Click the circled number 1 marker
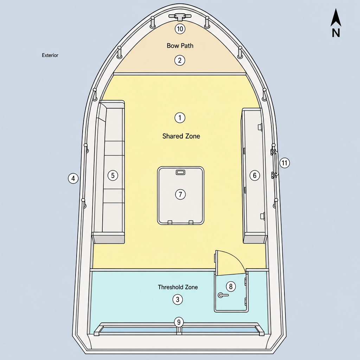(180, 118)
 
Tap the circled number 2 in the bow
(180, 60)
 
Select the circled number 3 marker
(178, 300)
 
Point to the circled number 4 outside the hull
(73, 178)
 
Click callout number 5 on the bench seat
(113, 175)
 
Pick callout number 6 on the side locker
(255, 175)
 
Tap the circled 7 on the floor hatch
(180, 194)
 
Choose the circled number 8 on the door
(231, 286)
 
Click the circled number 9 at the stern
(179, 322)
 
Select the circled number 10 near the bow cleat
(180, 29)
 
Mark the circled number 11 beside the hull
(284, 163)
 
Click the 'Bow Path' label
(180, 46)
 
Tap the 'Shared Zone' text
(181, 136)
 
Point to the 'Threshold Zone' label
(178, 287)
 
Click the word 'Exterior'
(50, 55)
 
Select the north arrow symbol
(336, 22)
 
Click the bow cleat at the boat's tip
(180, 17)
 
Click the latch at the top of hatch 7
(180, 172)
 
